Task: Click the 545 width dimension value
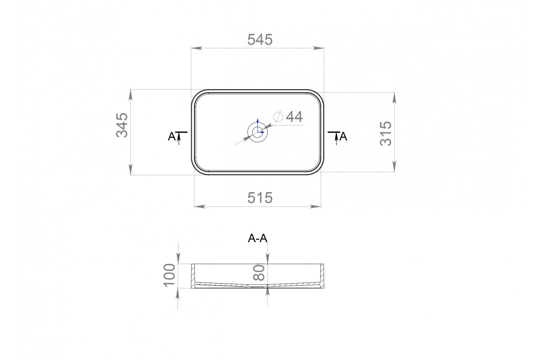[x=260, y=40]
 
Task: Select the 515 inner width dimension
[x=260, y=198]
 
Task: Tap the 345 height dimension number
[x=122, y=125]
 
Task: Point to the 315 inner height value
[x=386, y=133]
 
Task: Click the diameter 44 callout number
[x=294, y=117]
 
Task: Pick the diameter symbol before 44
[x=278, y=116]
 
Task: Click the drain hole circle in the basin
[x=257, y=132]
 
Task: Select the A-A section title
[x=258, y=238]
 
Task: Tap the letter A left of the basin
[x=171, y=136]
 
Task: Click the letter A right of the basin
[x=343, y=137]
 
